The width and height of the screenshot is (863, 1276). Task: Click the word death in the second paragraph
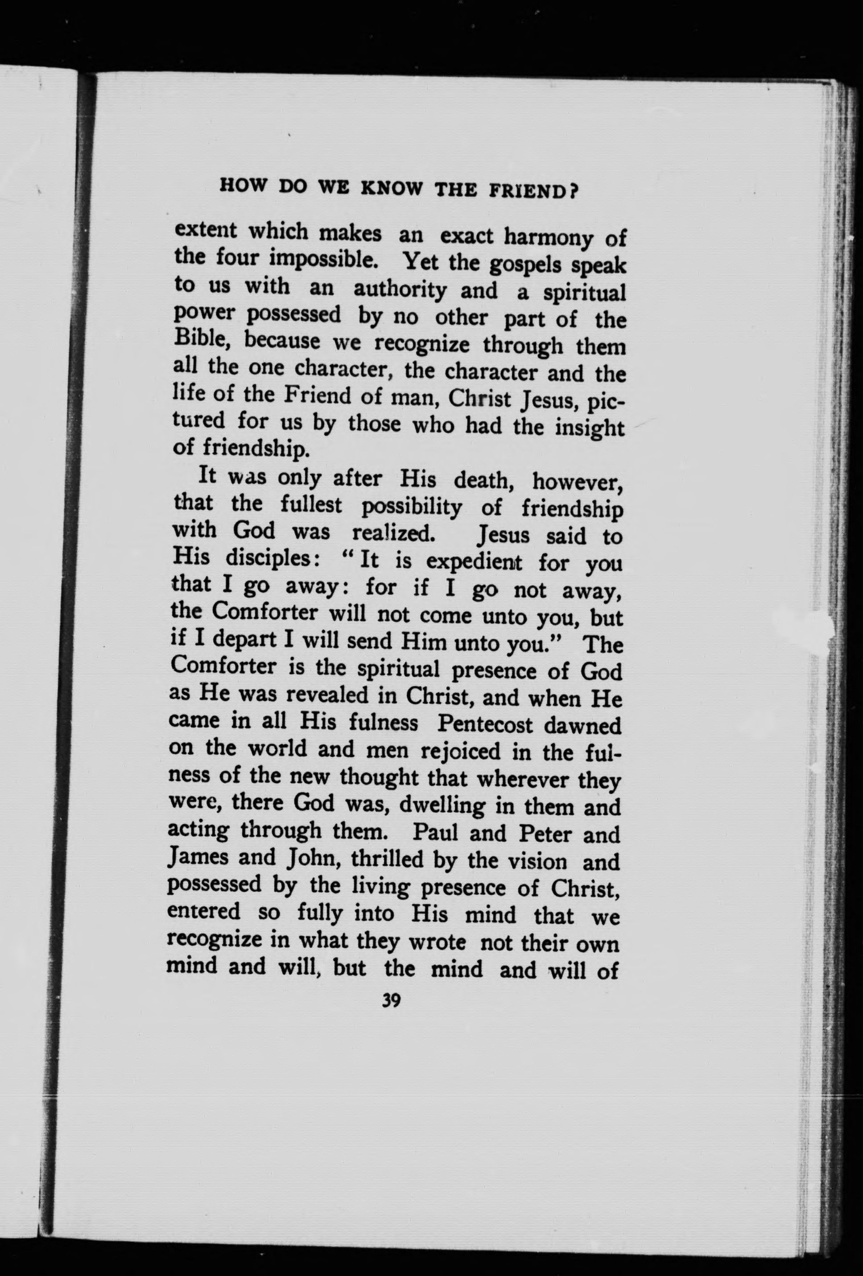tap(485, 482)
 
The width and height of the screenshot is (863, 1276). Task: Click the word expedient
tap(475, 562)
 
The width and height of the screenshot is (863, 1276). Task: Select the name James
tap(198, 858)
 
